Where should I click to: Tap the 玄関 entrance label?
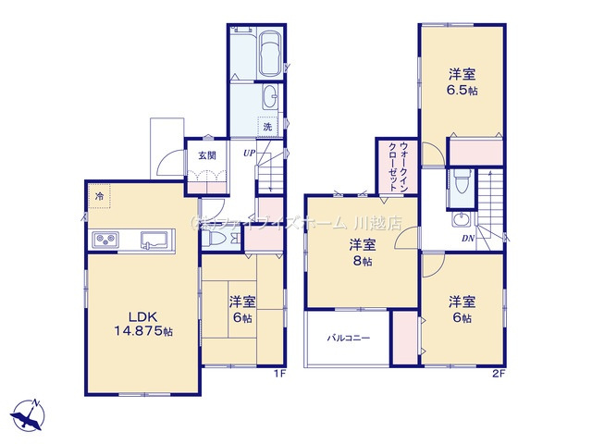203,154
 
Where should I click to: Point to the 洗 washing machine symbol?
266,127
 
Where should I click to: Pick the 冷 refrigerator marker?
99,196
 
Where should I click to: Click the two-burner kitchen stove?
104,241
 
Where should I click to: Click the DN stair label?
470,238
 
